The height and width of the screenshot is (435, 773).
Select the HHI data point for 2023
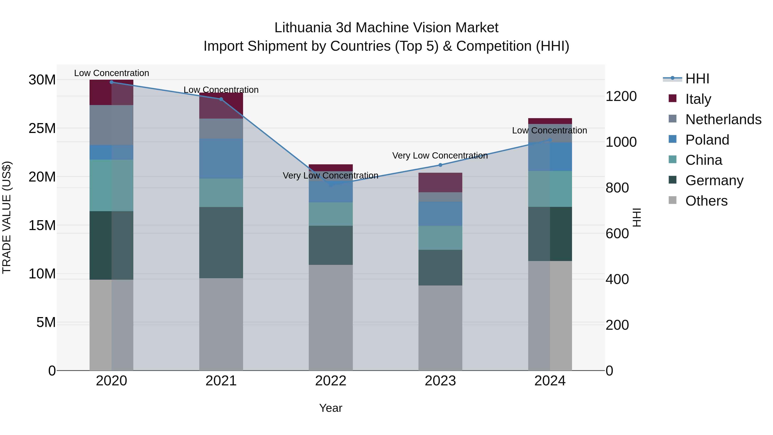(x=440, y=165)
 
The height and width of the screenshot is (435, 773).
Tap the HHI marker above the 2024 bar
(x=550, y=140)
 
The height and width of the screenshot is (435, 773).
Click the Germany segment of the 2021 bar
(x=221, y=242)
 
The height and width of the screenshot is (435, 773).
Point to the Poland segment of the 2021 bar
(x=221, y=159)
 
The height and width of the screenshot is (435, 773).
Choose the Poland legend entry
(x=707, y=140)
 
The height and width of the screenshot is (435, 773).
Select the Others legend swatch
(x=673, y=200)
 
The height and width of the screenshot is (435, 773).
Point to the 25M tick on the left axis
(x=42, y=128)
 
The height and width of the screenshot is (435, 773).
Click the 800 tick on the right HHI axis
(x=617, y=188)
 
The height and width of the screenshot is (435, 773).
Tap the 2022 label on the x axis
(x=331, y=381)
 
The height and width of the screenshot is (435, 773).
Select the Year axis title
(x=331, y=408)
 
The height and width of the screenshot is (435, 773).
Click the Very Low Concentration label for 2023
(x=440, y=156)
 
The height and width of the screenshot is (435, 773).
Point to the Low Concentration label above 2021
(x=221, y=90)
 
